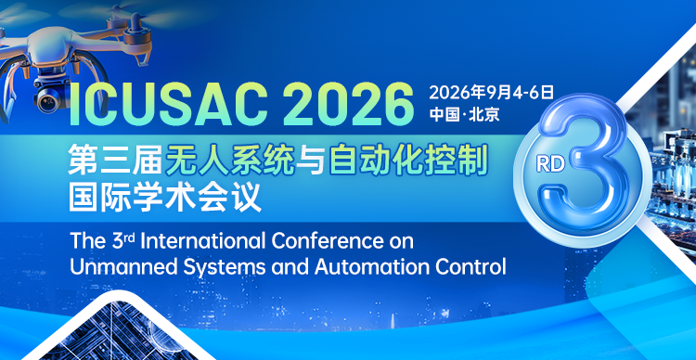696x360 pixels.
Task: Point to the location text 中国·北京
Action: (x=464, y=115)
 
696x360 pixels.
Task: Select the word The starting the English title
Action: (x=87, y=239)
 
